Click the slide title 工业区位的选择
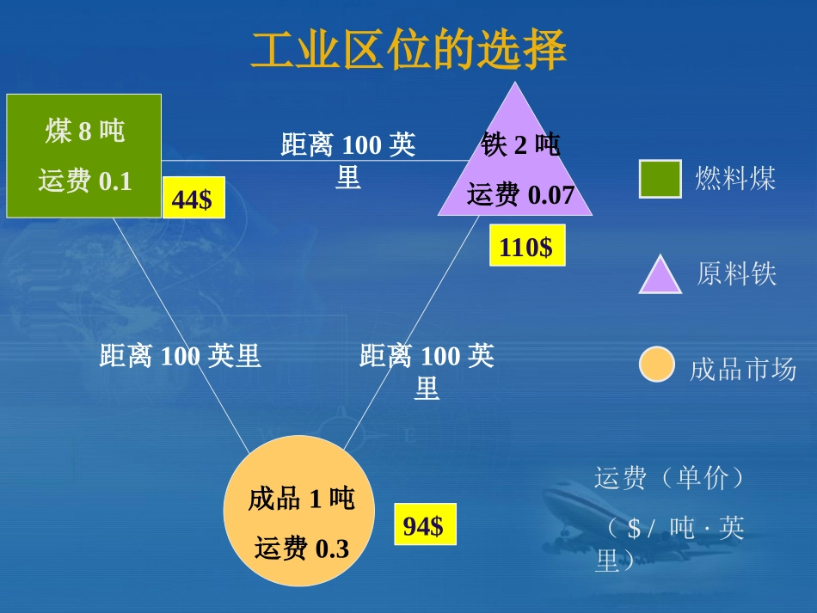click(x=408, y=50)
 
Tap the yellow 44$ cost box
click(x=193, y=199)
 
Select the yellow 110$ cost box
click(x=526, y=248)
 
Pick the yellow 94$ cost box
click(x=424, y=525)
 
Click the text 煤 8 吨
click(x=84, y=132)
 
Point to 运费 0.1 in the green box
click(x=84, y=181)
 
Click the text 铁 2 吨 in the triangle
click(x=519, y=145)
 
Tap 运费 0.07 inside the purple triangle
click(x=519, y=195)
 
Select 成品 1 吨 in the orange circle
click(x=301, y=498)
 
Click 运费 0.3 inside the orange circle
click(x=301, y=548)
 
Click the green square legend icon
click(x=660, y=179)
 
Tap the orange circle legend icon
click(x=657, y=365)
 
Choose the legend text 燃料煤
click(x=735, y=179)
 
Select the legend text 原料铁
click(x=736, y=274)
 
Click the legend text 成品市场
click(x=742, y=370)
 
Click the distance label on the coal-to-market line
click(x=180, y=356)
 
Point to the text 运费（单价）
click(x=668, y=478)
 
